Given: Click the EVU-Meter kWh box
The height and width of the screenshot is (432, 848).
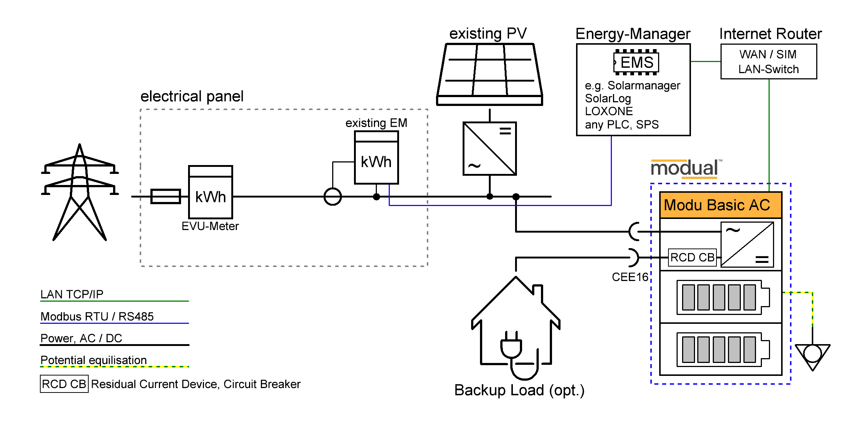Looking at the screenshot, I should click(210, 192).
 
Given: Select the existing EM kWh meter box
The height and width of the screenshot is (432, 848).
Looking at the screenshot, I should click(376, 158).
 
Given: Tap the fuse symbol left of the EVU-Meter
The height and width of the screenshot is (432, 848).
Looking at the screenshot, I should click(166, 196).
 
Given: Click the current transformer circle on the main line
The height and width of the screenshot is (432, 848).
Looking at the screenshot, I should click(333, 196).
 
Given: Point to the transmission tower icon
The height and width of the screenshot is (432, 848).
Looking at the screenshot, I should click(79, 192).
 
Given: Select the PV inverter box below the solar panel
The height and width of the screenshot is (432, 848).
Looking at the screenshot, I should click(490, 148).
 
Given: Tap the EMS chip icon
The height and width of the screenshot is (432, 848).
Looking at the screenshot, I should click(636, 62).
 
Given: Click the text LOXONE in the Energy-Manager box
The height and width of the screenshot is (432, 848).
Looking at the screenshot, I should click(609, 111).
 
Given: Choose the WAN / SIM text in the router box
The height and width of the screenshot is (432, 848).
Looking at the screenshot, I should click(768, 54).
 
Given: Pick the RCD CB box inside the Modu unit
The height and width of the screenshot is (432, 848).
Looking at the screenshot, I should click(692, 257).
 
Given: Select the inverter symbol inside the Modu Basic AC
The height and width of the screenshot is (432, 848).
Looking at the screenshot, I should click(747, 244).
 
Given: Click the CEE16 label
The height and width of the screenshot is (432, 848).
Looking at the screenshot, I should click(630, 277).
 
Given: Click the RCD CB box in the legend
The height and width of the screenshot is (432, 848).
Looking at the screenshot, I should click(64, 384).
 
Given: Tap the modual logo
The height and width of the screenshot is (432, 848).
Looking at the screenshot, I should click(684, 168).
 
